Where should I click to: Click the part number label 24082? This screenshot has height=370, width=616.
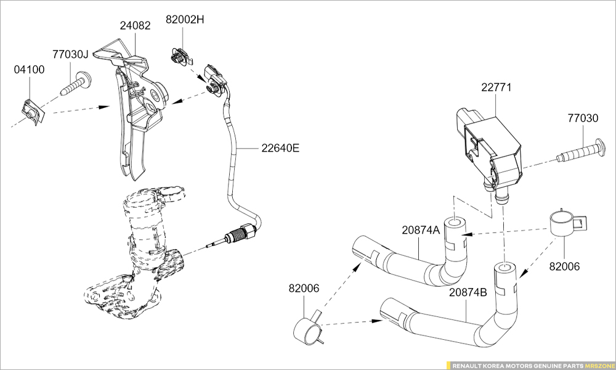[x=134, y=26]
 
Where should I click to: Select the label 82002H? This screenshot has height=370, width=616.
[x=185, y=19]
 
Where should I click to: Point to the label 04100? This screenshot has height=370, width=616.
[x=29, y=70]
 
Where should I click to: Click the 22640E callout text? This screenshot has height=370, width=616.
[x=280, y=148]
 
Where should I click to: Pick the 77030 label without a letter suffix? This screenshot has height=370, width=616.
[x=582, y=117]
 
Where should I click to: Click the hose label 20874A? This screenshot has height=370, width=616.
[x=421, y=231]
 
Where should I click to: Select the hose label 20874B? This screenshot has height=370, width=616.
[x=468, y=292]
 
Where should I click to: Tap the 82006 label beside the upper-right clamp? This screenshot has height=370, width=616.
[x=564, y=267]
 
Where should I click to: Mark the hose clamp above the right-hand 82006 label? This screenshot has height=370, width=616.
[x=565, y=223]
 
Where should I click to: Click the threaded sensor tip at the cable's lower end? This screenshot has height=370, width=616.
[x=235, y=236]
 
